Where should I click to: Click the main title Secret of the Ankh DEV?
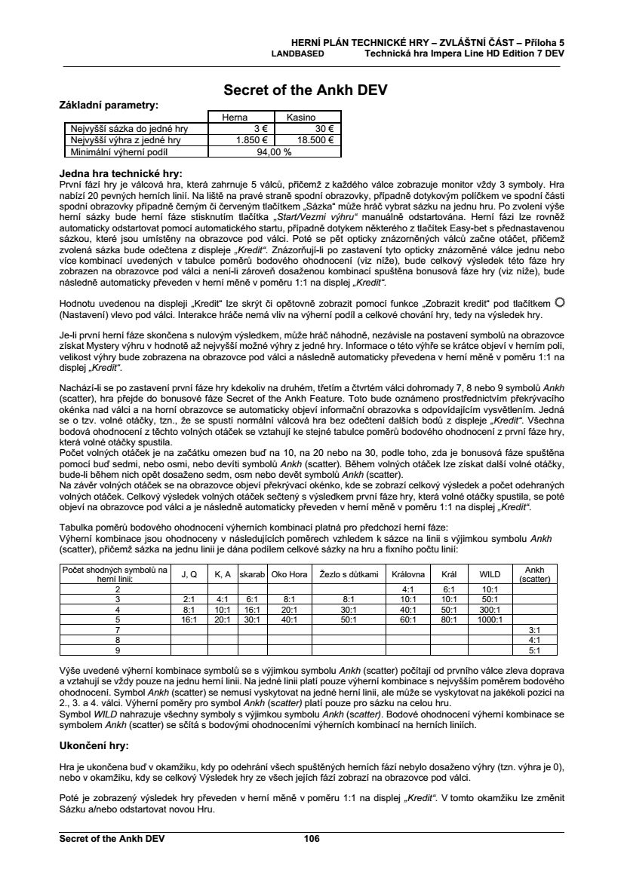(306, 90)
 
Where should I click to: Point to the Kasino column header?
(300, 118)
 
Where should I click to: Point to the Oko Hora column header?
(289, 574)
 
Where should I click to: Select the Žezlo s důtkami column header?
(348, 574)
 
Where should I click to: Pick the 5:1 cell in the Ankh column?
(534, 649)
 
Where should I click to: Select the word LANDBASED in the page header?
(297, 54)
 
